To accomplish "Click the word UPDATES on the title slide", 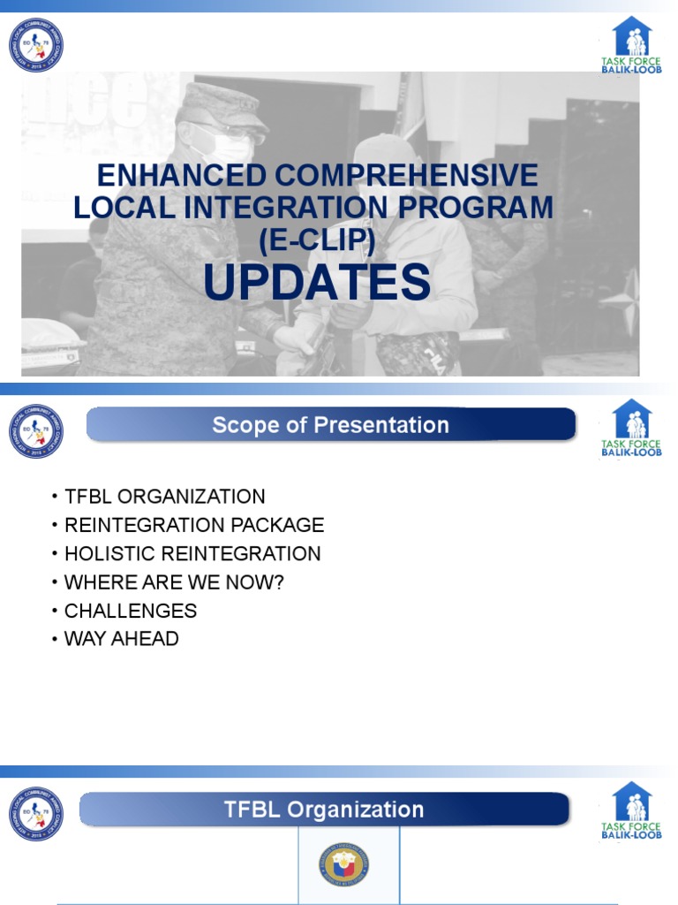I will pos(317,284).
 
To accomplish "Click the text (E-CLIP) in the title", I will pos(317,239).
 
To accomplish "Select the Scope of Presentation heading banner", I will pos(330,425).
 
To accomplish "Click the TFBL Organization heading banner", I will pos(324,810).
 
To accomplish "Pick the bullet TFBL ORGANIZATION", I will pos(164,497).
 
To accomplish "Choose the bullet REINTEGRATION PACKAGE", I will pos(194,525).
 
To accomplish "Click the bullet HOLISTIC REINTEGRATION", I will pos(192,554).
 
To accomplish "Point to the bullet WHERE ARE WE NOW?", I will pos(174,582).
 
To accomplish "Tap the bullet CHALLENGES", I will pos(131,611).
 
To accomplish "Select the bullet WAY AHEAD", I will pos(122,639).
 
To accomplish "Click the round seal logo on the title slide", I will pos(36,45).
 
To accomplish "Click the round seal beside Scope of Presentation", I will pos(36,430).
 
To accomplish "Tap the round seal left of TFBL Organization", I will pos(36,814).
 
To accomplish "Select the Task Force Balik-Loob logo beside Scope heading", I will pos(631,428).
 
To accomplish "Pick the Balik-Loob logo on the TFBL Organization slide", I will pos(631,810).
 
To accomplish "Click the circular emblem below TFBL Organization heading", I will pos(346,865).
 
